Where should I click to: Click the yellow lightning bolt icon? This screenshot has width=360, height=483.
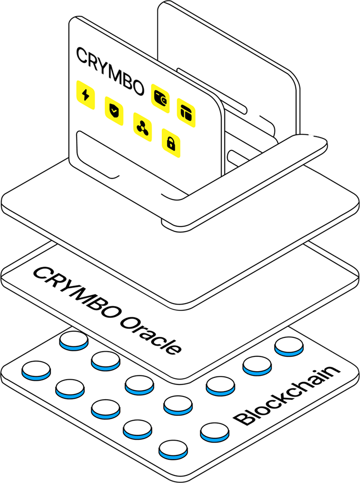[x=86, y=95]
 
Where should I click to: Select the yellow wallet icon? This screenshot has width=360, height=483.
[x=160, y=94]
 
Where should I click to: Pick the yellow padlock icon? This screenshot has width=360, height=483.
[x=171, y=142]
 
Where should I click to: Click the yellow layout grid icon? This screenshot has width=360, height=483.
[x=186, y=112]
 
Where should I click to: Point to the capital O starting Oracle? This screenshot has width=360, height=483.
[x=127, y=321]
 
